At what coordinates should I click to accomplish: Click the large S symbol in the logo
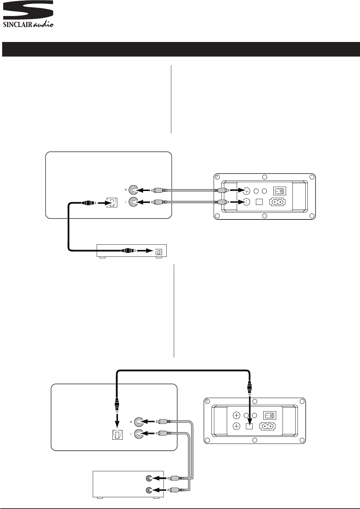coord(28,10)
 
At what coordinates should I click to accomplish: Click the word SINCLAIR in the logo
coord(17,25)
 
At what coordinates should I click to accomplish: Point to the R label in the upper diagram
coord(126,190)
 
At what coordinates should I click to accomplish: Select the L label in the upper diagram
coord(126,202)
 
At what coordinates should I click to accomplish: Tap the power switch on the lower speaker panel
coord(269,415)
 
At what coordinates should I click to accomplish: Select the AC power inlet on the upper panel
coord(279,202)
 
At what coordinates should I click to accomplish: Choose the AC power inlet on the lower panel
coord(269,426)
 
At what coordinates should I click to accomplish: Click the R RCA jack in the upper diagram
coord(134,190)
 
